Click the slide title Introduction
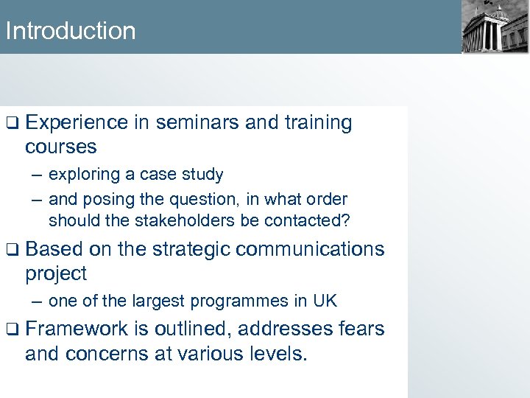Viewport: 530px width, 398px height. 70,31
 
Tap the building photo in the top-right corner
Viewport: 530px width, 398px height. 495,27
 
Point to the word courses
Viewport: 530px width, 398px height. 60,147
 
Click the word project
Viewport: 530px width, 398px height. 56,274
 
